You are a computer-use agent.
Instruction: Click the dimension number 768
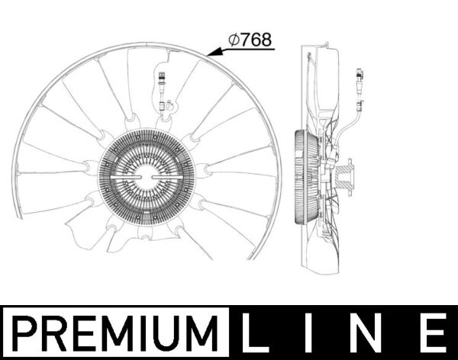pyautogui.click(x=256, y=40)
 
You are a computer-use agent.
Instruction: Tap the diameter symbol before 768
pyautogui.click(x=234, y=40)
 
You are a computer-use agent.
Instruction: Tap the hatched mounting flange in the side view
pyautogui.click(x=348, y=176)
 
